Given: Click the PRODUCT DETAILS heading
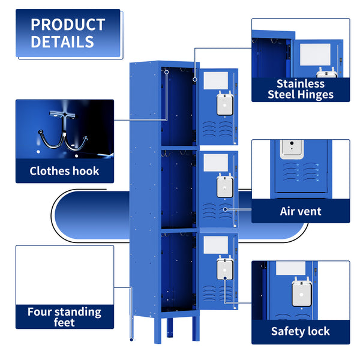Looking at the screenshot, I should [67, 33].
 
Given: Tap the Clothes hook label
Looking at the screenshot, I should [64, 171].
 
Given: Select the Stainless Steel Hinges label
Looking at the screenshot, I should [300, 89].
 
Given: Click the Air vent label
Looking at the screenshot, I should [300, 211].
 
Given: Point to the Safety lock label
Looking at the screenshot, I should [300, 331].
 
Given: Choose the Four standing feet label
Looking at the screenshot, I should [64, 317].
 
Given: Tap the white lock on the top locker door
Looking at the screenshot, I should [225, 103].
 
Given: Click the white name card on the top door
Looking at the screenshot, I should [216, 80].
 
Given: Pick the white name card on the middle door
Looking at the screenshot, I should [216, 162].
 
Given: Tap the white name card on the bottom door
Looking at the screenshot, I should [216, 244].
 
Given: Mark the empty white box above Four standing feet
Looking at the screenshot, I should [64, 275].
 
